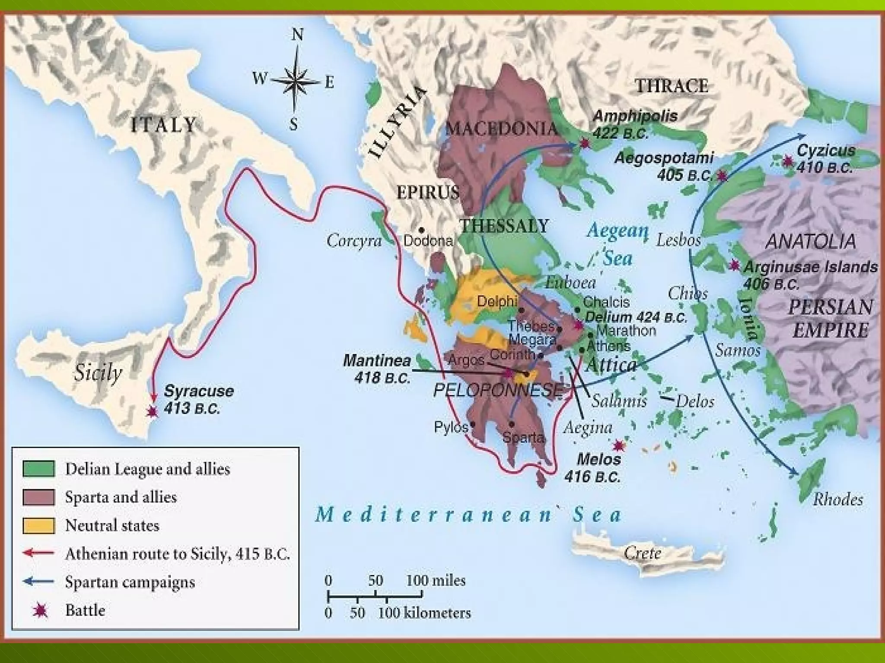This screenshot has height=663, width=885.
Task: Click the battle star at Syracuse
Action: (x=152, y=411)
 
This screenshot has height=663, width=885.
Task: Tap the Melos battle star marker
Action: (x=618, y=445)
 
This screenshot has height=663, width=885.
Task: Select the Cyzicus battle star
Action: (x=788, y=161)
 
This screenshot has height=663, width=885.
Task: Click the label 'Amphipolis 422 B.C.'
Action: (x=634, y=124)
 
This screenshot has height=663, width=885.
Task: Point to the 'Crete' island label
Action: (x=642, y=553)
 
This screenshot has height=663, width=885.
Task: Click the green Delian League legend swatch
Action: (x=39, y=469)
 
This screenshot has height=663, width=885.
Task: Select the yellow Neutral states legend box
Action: (x=39, y=525)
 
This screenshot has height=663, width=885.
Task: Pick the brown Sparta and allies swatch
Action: (x=39, y=497)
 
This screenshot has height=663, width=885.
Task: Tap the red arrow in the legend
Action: (x=39, y=553)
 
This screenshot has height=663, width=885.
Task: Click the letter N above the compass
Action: (x=297, y=35)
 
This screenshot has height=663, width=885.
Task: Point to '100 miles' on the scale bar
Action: (x=436, y=581)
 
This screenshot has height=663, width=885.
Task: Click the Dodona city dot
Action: (x=421, y=230)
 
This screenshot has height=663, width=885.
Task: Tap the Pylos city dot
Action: (x=473, y=425)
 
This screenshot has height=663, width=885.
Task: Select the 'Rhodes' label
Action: (x=837, y=499)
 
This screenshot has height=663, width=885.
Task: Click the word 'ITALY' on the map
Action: (x=163, y=125)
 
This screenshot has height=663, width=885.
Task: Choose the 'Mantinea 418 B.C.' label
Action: (x=377, y=369)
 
